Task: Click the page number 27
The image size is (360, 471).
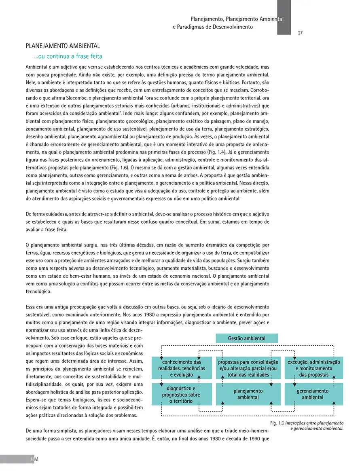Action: pos(300,33)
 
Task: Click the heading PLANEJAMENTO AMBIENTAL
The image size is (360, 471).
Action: pos(63,46)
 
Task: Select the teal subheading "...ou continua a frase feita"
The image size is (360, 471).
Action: pos(68,56)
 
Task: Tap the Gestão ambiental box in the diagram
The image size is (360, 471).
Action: pos(247,338)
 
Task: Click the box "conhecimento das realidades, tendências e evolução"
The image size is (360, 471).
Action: pos(182,368)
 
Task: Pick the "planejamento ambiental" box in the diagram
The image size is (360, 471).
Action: pos(248,394)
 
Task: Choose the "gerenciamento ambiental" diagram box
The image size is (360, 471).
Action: pos(313,394)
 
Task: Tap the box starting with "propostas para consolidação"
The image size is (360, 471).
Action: pos(248,368)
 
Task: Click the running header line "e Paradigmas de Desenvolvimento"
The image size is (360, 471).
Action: pos(212,27)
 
